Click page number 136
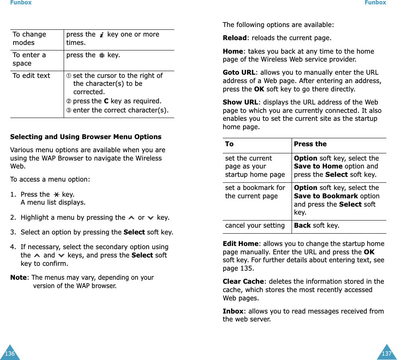coord(10,353)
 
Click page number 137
coord(386,353)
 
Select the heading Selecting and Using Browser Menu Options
coord(86,137)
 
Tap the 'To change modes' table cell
coord(29,39)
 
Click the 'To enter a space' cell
coord(29,59)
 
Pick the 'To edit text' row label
coord(31,75)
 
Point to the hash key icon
coord(102,55)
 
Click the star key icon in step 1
coord(56,195)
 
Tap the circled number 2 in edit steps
coord(69,101)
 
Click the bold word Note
coord(18,277)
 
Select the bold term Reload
coord(234,38)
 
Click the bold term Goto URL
coord(239,72)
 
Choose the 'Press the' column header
coord(310,144)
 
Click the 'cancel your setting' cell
coord(255,225)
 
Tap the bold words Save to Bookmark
coord(325,196)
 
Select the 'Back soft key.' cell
coord(316,225)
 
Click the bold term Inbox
coord(233,311)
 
